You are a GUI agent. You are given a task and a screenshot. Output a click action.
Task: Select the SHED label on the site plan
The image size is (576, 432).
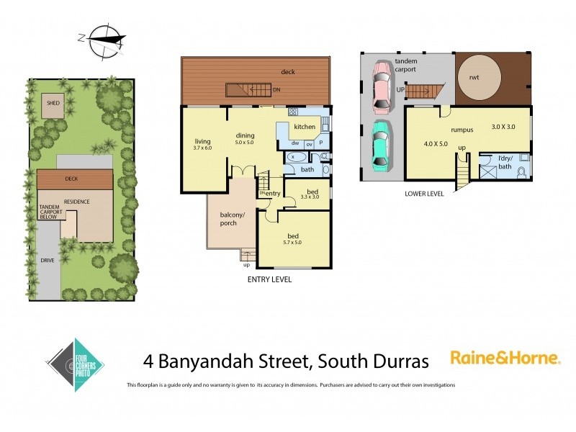tap(53, 103)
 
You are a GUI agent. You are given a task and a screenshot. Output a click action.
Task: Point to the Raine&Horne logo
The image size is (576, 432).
tap(505, 356)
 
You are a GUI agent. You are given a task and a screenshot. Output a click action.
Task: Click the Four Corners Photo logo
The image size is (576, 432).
tap(76, 364)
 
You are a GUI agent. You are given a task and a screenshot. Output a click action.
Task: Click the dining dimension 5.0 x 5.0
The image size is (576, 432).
tap(246, 142)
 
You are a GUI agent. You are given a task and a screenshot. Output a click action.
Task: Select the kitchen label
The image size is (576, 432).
tap(302, 127)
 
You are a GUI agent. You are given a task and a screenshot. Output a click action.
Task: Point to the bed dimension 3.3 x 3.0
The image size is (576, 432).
tap(307, 197)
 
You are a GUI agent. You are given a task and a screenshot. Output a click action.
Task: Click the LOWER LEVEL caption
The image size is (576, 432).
tap(424, 193)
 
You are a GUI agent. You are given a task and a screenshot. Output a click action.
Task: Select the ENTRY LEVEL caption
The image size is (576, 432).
tap(269, 279)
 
